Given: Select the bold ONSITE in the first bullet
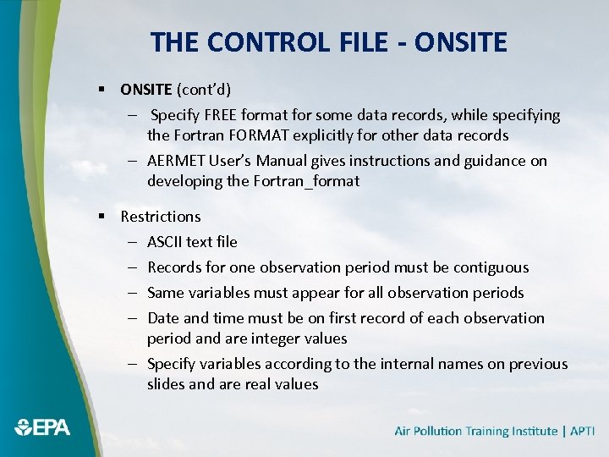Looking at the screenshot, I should [x=146, y=89].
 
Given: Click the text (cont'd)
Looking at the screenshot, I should [x=203, y=89].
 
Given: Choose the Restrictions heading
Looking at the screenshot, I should [x=161, y=217].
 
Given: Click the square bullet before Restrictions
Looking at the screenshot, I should [x=101, y=217].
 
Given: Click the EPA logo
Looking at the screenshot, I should [x=42, y=427].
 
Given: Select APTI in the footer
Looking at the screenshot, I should [x=583, y=432].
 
